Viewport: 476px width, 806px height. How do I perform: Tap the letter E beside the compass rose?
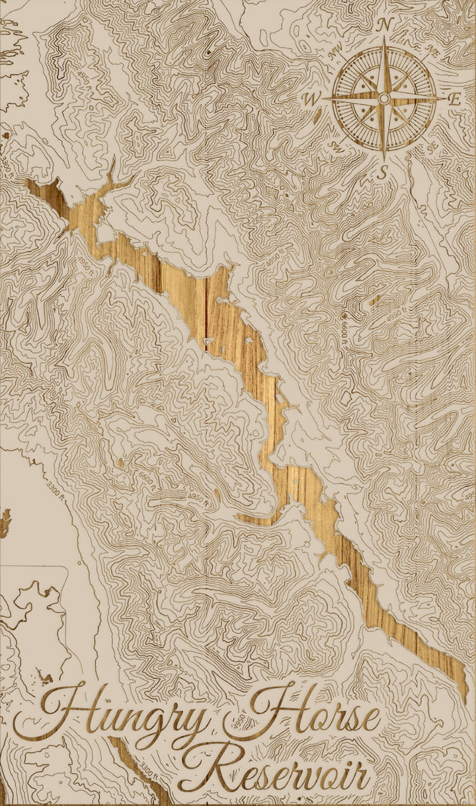pos(454,100)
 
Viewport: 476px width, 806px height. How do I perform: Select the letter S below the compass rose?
pos(382,172)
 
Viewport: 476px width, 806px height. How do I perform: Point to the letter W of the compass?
pos(311,100)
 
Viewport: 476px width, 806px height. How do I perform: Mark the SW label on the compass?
pos(335,145)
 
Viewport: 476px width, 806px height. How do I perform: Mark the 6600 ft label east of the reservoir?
pos(344,324)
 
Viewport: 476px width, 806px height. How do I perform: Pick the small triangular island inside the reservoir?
pos(210,341)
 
